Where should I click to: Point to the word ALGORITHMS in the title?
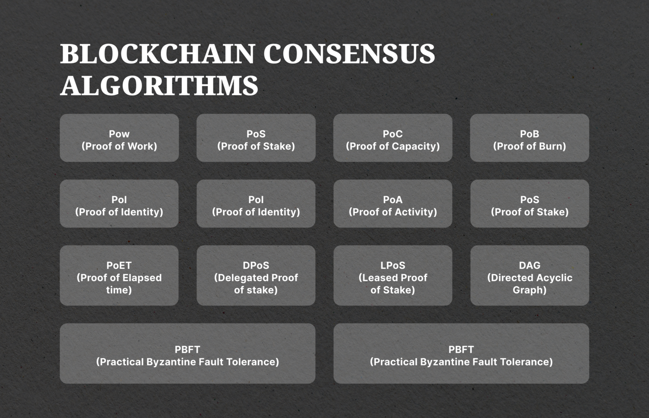point(159,85)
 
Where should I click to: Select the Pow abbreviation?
point(119,134)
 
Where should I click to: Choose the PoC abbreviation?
point(393,134)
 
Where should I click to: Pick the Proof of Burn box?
point(529,138)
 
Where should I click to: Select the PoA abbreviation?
point(393,200)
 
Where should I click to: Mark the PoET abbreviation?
point(119,265)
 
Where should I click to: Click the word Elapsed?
point(142,278)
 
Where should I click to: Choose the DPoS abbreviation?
point(256,265)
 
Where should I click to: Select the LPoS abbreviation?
point(393,265)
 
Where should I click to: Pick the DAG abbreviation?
point(529,265)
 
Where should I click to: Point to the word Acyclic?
point(554,278)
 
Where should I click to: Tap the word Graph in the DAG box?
point(527,290)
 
